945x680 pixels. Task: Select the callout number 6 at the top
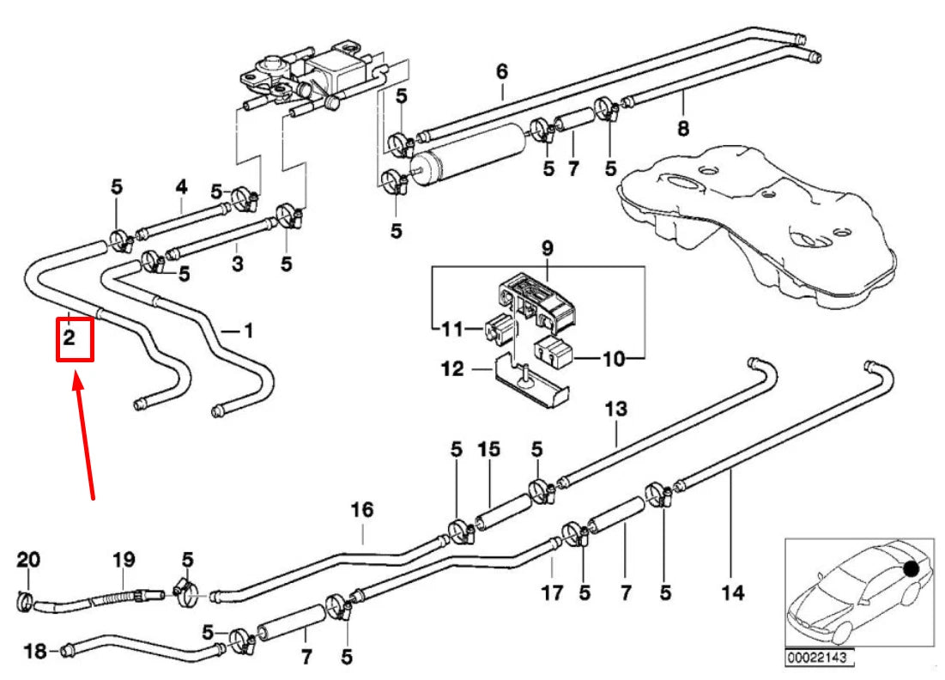[502, 71]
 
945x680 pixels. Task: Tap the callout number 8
[683, 130]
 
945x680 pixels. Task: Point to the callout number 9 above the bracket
[547, 249]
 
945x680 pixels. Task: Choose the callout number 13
[616, 410]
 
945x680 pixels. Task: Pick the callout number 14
[732, 592]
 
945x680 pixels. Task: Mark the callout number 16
[362, 511]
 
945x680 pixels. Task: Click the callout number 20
[28, 560]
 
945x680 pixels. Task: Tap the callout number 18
[35, 651]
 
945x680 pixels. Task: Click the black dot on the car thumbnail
[911, 568]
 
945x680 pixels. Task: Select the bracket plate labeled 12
[532, 384]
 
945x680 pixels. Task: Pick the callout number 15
[488, 449]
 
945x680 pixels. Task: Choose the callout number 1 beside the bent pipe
[249, 329]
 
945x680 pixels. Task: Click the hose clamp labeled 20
[26, 601]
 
